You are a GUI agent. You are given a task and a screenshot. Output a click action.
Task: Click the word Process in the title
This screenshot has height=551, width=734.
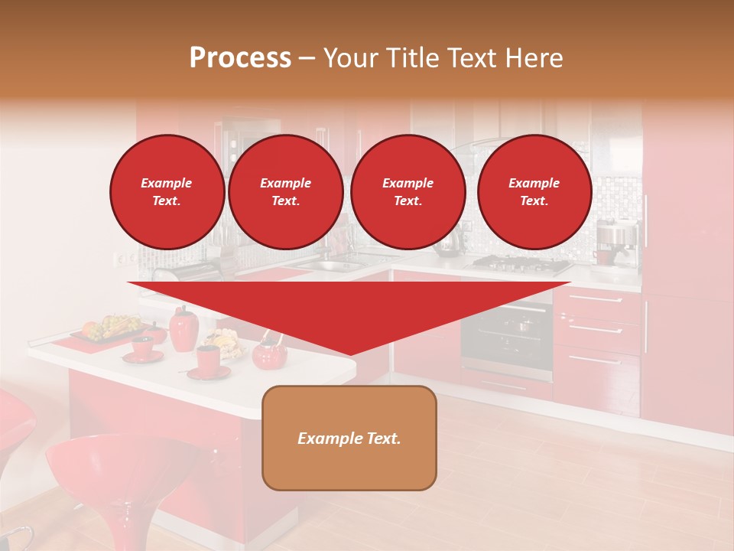coord(240,58)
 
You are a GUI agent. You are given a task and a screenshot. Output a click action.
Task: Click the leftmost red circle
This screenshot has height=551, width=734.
coord(167,192)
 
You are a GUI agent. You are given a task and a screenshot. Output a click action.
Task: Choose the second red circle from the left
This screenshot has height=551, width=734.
coord(285,192)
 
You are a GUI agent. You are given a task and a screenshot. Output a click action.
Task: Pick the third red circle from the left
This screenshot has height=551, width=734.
coord(408,192)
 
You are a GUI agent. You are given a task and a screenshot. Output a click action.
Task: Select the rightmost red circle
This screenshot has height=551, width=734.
coord(534,192)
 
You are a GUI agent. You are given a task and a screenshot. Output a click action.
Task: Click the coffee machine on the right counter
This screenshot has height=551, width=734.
coord(616,243)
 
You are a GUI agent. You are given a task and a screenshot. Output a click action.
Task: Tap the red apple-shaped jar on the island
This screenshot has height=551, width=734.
coord(183,329)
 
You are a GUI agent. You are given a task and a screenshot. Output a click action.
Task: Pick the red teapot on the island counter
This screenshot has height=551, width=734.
coord(269,353)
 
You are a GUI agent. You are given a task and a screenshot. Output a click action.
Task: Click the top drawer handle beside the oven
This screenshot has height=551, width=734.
coord(596,299)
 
